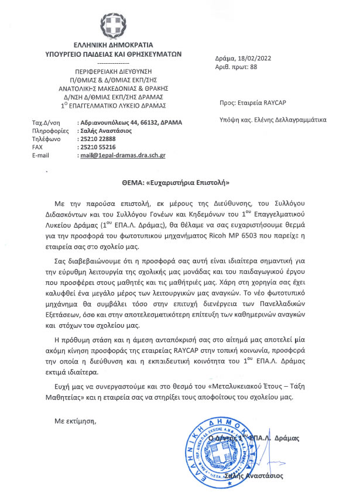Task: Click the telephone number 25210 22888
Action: click(100, 139)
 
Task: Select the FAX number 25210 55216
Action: click(100, 147)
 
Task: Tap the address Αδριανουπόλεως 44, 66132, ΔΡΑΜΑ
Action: click(130, 122)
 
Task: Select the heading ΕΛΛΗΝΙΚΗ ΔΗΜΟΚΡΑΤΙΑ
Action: click(114, 44)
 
